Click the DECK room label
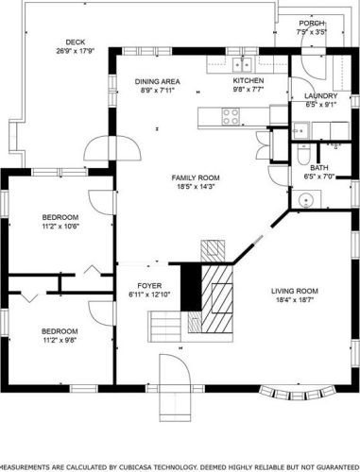pyautogui.click(x=76, y=42)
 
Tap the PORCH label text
pyautogui.click(x=312, y=24)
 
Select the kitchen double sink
pyautogui.click(x=242, y=65)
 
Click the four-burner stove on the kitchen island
pyautogui.click(x=231, y=116)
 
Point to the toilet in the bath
pyautogui.click(x=304, y=155)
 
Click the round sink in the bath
pyautogui.click(x=305, y=199)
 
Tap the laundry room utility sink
pyautogui.click(x=300, y=130)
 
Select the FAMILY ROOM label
pyautogui.click(x=196, y=177)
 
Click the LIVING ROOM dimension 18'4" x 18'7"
pyautogui.click(x=295, y=300)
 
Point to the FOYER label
pyautogui.click(x=149, y=286)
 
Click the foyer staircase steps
pyautogui.click(x=164, y=326)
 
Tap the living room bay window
pyautogui.click(x=297, y=393)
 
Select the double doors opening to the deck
pyautogui.click(x=112, y=148)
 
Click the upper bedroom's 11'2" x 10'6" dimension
pyautogui.click(x=60, y=226)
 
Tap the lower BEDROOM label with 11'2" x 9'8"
pyautogui.click(x=60, y=331)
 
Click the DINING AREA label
pyautogui.click(x=158, y=82)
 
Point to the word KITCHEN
pyautogui.click(x=249, y=80)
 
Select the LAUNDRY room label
pyautogui.click(x=320, y=96)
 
